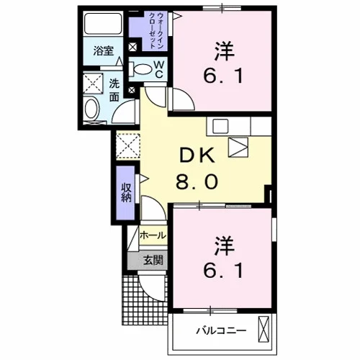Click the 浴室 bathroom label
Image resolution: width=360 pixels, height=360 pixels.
pos(104,51)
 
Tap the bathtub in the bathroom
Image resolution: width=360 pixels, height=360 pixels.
pos(104,23)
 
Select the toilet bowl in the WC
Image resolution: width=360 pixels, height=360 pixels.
pos(141,68)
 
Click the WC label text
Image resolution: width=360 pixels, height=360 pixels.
pos(159,69)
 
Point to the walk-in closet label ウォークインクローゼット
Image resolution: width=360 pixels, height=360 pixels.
pos(157,31)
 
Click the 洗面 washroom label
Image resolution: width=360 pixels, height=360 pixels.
pos(114,90)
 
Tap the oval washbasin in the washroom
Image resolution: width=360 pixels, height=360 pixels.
pos(92,109)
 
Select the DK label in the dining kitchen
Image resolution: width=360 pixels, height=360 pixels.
pos(197,156)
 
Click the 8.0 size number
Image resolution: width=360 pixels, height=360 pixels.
pos(197,181)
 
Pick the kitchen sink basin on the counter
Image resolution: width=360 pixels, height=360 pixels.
pos(220,126)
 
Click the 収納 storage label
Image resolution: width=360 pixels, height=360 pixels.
pos(126,192)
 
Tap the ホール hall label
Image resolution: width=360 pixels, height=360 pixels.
pos(153,235)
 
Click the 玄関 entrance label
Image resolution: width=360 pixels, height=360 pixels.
pos(153,260)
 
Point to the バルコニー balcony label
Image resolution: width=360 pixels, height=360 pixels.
pos(221,331)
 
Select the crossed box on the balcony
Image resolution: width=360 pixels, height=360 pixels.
pos(264,329)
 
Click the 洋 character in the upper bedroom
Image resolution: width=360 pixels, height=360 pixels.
pos(225,51)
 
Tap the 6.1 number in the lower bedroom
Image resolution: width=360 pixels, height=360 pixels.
pos(223,271)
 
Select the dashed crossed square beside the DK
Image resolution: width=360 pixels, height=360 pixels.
pos(127,146)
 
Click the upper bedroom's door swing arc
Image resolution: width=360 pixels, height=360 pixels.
pos(188,95)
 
